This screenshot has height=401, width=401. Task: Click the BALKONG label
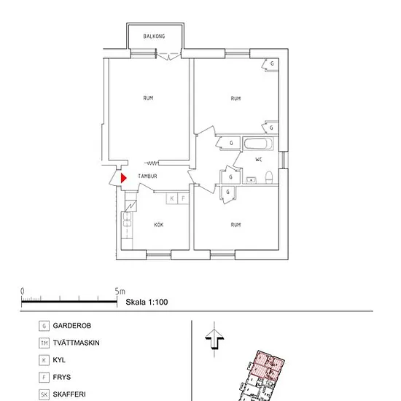[154, 36]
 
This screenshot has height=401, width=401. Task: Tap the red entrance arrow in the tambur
[123, 178]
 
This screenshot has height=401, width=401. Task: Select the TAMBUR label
[147, 176]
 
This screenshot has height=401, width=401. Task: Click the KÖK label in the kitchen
[158, 225]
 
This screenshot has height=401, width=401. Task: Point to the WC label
[259, 160]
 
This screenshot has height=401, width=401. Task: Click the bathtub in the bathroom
[258, 144]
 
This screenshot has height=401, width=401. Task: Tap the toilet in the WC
[269, 177]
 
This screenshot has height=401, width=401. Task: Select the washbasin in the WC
[251, 180]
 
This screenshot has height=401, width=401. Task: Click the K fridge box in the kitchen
[172, 198]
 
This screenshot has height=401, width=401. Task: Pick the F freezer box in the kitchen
[183, 198]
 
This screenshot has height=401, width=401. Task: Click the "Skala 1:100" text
[147, 302]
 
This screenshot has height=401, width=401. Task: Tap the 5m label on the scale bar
[120, 292]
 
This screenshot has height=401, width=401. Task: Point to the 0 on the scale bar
[23, 292]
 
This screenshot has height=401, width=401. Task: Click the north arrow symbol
[214, 339]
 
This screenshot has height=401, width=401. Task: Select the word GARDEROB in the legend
[72, 326]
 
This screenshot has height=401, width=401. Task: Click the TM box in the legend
[44, 343]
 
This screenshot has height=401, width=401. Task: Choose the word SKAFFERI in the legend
[69, 394]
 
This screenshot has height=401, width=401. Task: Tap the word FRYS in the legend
[62, 377]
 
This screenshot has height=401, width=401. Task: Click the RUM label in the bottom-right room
[235, 225]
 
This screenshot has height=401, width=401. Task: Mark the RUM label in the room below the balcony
[148, 98]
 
